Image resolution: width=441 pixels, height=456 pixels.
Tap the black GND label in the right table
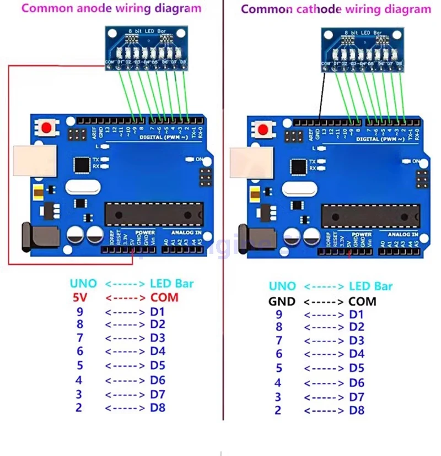point(282,301)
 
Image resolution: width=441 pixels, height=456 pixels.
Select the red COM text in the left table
point(164,297)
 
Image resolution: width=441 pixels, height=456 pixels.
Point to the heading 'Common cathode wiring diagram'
point(336,9)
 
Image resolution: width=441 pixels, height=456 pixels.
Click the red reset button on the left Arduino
point(47,128)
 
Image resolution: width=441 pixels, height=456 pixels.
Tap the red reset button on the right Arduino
point(263,129)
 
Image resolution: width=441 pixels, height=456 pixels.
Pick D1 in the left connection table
point(158,311)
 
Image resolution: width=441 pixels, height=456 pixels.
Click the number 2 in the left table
point(79,408)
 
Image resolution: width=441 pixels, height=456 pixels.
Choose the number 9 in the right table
point(278,314)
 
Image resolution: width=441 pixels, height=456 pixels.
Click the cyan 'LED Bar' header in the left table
point(172,284)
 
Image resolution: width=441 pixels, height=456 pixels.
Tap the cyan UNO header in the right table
point(282,286)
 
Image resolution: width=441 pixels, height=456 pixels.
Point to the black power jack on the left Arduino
point(31,237)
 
